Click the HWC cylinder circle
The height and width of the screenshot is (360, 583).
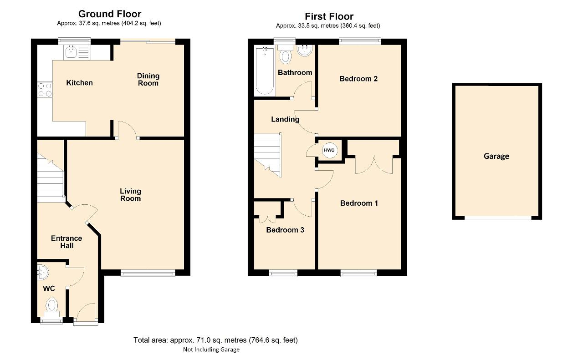[329, 150]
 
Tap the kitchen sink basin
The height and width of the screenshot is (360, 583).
[71, 52]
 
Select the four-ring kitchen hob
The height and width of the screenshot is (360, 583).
[45, 90]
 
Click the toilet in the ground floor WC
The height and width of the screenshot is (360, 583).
[52, 307]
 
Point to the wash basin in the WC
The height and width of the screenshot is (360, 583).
[43, 272]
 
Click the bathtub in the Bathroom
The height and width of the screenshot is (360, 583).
[265, 71]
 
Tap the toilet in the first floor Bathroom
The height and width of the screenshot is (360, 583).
[285, 54]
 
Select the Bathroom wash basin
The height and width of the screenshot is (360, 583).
[305, 51]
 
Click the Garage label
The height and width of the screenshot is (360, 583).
[496, 156]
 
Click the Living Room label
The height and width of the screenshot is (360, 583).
[130, 195]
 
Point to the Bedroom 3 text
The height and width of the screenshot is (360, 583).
[285, 230]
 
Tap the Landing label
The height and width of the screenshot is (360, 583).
[285, 119]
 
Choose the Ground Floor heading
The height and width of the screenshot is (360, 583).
[110, 14]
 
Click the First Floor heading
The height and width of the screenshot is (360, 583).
[329, 16]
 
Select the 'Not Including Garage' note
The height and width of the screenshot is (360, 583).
[211, 350]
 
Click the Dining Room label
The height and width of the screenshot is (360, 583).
[148, 80]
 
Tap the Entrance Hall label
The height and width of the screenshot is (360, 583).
[66, 242]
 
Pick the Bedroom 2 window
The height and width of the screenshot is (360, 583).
[360, 41]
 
